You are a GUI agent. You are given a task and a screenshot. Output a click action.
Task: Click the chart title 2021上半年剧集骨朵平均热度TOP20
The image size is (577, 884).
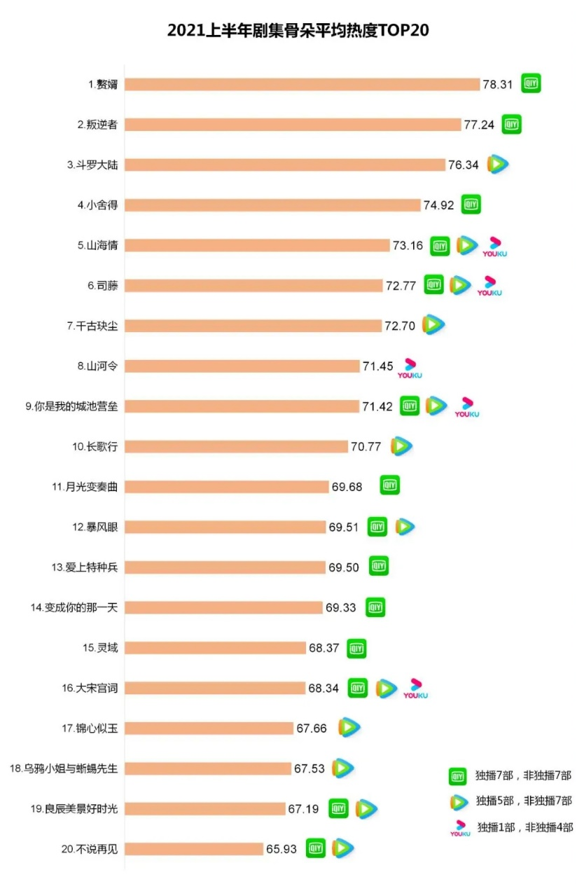click(x=288, y=31)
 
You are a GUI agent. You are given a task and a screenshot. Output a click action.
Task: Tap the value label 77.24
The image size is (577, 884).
click(x=479, y=125)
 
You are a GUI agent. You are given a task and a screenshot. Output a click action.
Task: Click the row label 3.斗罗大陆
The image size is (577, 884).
click(x=92, y=165)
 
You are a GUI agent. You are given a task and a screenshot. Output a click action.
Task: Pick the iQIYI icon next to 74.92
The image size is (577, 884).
click(x=471, y=205)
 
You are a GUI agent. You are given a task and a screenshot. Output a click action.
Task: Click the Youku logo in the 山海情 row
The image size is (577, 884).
click(x=494, y=247)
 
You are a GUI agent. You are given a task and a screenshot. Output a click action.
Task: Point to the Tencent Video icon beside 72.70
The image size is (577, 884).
click(x=433, y=325)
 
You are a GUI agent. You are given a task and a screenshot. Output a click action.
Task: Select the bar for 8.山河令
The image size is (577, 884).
click(x=242, y=366)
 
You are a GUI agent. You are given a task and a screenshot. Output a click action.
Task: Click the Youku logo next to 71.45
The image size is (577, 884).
click(x=410, y=368)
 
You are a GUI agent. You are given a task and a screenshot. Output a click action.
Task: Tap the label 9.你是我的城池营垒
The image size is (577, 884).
click(x=71, y=406)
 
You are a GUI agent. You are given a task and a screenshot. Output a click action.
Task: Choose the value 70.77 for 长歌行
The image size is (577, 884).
click(x=366, y=446)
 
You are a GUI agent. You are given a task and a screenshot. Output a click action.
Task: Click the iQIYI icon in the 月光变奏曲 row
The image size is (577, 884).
click(x=390, y=485)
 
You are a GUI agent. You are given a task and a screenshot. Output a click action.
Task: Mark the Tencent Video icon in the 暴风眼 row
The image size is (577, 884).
click(x=404, y=527)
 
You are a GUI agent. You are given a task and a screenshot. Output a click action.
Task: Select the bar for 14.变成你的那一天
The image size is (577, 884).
click(x=224, y=607)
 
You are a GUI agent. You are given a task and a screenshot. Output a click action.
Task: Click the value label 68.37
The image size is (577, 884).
click(x=324, y=648)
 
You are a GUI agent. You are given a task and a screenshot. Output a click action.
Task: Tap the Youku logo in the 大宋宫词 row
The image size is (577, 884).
click(x=415, y=689)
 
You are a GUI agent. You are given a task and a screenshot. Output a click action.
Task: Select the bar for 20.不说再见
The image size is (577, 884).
click(x=195, y=849)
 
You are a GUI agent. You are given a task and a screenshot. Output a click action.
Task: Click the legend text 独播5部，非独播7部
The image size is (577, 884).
click(x=524, y=801)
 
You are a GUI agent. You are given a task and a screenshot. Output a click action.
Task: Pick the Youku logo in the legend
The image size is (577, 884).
click(x=460, y=829)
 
